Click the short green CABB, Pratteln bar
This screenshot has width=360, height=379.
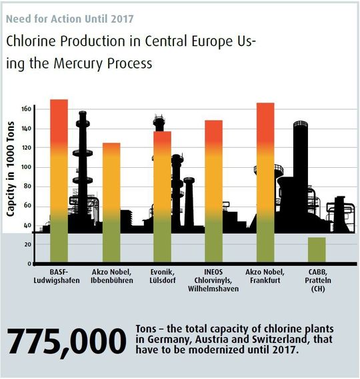point(317,250)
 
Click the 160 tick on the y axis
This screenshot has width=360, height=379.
point(26,109)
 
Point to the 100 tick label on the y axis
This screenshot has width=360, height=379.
point(26,167)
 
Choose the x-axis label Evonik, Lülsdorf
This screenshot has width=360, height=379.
point(161,275)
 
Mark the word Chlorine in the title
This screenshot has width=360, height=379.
point(32,41)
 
